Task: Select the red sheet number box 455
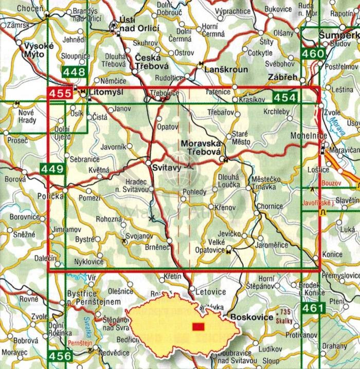(x=60, y=94)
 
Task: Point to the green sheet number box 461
(x=312, y=308)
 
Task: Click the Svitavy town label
(x=165, y=167)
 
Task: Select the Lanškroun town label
(x=215, y=69)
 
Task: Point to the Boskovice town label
(x=252, y=318)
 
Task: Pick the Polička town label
(x=50, y=197)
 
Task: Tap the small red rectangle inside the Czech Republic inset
(x=198, y=327)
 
